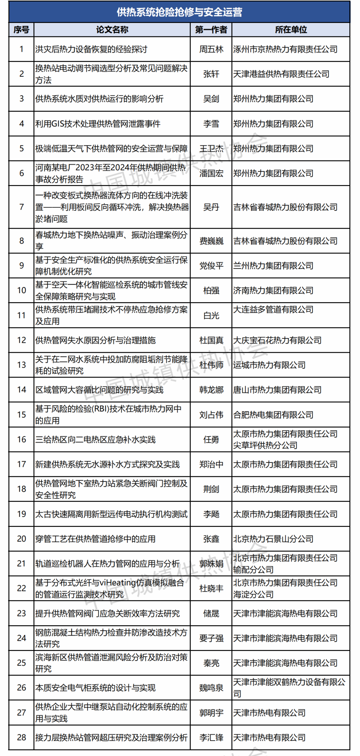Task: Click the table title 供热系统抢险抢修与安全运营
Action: (x=179, y=12)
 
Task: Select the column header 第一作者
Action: (x=211, y=30)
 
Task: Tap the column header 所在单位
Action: (x=291, y=30)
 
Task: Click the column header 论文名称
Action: (x=112, y=30)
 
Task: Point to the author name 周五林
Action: (x=211, y=49)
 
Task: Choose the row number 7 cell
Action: (x=22, y=207)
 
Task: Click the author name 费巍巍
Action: (x=211, y=241)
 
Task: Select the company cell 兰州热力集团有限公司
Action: (x=273, y=266)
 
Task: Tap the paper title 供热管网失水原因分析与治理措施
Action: (x=96, y=340)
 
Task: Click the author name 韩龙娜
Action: (x=211, y=390)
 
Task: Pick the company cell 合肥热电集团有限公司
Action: (x=273, y=415)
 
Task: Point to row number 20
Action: (x=22, y=539)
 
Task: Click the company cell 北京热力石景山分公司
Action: (x=273, y=539)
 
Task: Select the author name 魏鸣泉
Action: (x=211, y=688)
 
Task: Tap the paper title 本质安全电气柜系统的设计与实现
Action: (x=96, y=688)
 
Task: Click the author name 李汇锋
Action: (x=211, y=738)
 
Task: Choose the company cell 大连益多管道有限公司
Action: (x=273, y=309)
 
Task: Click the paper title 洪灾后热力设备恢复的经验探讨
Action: (x=91, y=49)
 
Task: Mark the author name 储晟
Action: (x=211, y=614)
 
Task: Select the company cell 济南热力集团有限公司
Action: (x=273, y=290)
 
